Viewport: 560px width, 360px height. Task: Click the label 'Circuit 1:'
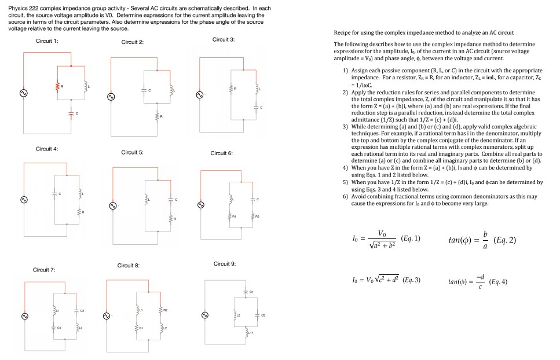pyautogui.click(x=47, y=41)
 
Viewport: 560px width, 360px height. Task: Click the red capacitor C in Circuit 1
pyautogui.click(x=71, y=113)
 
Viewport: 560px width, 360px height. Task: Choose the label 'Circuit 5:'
pyautogui.click(x=133, y=153)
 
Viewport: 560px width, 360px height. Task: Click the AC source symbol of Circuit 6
pyautogui.click(x=201, y=205)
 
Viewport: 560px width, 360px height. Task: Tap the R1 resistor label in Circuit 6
pyautogui.click(x=235, y=217)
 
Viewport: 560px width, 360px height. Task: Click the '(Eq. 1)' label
pyautogui.click(x=410, y=238)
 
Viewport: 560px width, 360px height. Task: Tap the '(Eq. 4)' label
pyautogui.click(x=497, y=282)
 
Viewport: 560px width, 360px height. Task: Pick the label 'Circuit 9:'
pyautogui.click(x=225, y=264)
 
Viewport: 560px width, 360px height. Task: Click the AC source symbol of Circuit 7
pyautogui.click(x=25, y=317)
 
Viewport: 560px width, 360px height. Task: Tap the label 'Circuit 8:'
pyautogui.click(x=129, y=266)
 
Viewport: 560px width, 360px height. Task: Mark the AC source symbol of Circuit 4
pyautogui.click(x=24, y=200)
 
